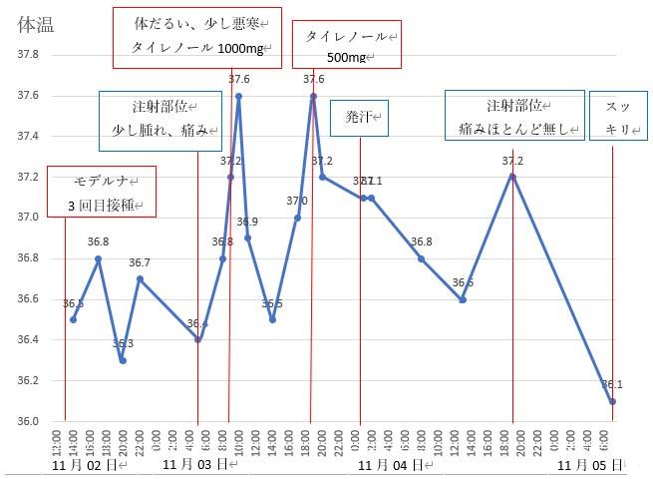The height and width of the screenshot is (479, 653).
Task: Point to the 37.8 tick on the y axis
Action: [x=27, y=55]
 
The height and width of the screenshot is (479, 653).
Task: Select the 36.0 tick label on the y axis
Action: [x=27, y=420]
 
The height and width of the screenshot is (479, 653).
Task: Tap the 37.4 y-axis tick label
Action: [x=27, y=136]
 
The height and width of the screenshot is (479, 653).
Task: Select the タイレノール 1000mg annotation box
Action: [x=196, y=35]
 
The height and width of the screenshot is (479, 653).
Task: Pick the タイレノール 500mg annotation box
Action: [x=347, y=45]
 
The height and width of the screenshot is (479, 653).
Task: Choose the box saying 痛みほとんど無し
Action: [x=513, y=116]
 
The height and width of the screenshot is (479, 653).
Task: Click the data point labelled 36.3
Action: [x=123, y=360]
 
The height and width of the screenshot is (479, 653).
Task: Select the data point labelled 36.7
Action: [x=140, y=278]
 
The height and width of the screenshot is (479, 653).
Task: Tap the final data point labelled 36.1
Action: [x=613, y=401]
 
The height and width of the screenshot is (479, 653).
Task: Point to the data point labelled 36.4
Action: [x=197, y=339]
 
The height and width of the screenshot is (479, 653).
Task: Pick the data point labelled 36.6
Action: [x=463, y=299]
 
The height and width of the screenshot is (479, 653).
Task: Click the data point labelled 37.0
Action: [x=297, y=218]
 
